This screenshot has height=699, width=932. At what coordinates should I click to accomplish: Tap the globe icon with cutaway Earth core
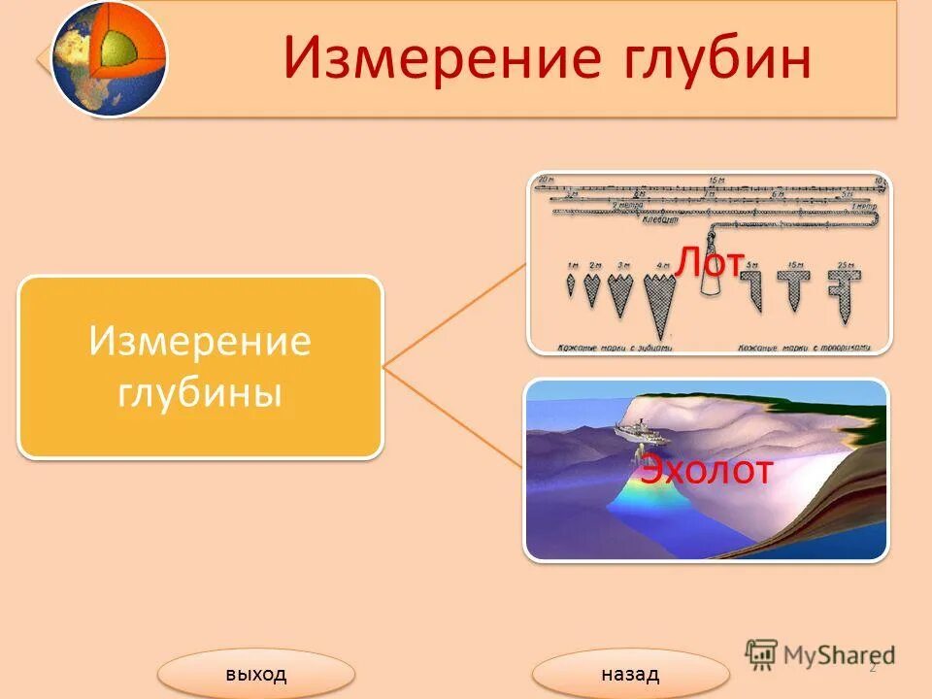pyautogui.click(x=109, y=58)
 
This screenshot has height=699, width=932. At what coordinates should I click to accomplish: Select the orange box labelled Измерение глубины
pyautogui.click(x=200, y=367)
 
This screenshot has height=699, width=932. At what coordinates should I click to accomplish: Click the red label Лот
pyautogui.click(x=711, y=262)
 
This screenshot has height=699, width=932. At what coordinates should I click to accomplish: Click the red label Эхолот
pyautogui.click(x=706, y=471)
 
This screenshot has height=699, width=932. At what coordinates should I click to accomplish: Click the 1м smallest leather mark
pyautogui.click(x=571, y=285)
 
